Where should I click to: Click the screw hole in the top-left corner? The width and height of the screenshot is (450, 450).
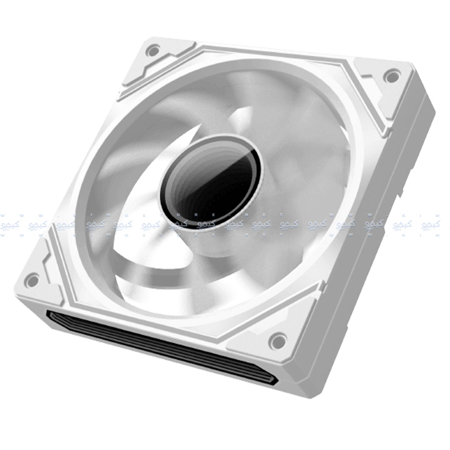pyautogui.click(x=153, y=50)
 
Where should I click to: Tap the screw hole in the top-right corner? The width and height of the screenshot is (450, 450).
pyautogui.click(x=392, y=76)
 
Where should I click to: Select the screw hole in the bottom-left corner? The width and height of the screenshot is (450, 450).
pyautogui.click(x=32, y=280)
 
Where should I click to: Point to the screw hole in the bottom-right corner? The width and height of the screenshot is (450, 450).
pyautogui.click(x=278, y=340)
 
